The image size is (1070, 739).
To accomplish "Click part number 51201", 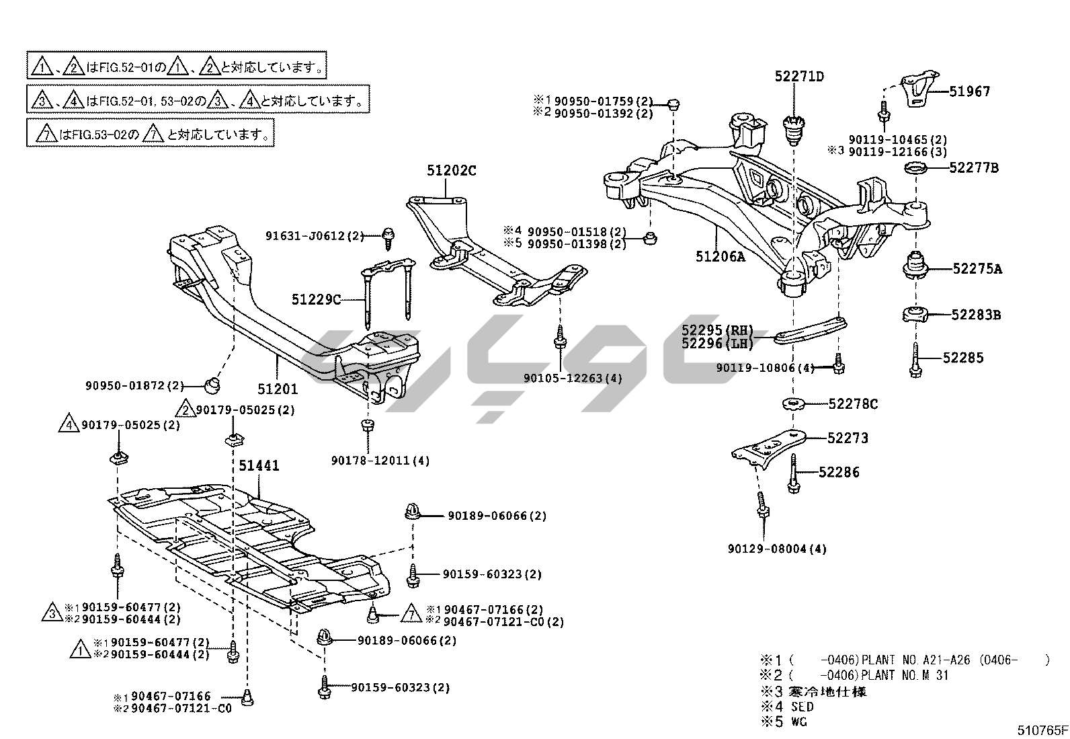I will (x=277, y=389).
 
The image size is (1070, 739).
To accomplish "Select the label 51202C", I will (x=451, y=171).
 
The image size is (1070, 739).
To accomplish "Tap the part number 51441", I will (x=258, y=465).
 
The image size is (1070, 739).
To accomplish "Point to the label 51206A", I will (x=720, y=256).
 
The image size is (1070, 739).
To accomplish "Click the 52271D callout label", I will (x=798, y=77).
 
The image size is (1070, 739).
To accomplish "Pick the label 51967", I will (x=969, y=91).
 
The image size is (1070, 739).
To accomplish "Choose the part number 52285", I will (x=962, y=358).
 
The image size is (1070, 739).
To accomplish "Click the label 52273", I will (x=848, y=438).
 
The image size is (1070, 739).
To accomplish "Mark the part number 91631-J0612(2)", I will (x=314, y=236).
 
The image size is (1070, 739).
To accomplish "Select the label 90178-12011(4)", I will (x=380, y=461).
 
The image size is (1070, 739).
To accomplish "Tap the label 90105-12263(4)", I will (x=573, y=378).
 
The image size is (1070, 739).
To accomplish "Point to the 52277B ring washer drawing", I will (x=917, y=168).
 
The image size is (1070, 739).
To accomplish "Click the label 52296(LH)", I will (x=717, y=344).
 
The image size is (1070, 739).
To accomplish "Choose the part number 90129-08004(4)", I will (x=776, y=549).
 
